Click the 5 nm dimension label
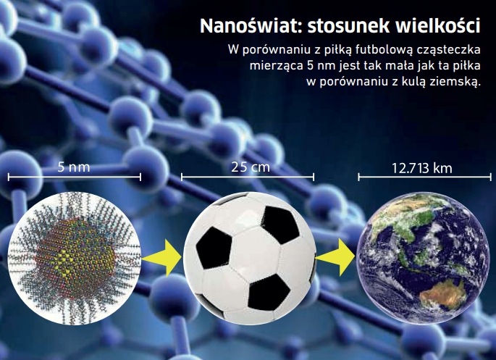point(74,167)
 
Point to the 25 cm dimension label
point(251,167)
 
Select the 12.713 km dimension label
point(422,168)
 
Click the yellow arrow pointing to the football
point(161,258)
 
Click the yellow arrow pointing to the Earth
point(336,257)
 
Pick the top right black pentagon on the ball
point(279,224)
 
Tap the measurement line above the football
point(248,177)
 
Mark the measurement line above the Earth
point(424,177)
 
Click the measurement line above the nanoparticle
point(75,177)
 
